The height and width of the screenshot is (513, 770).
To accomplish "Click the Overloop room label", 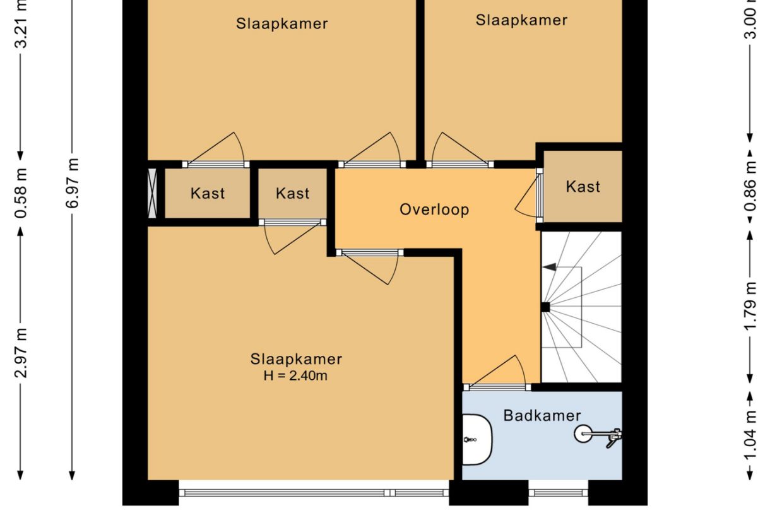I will click(x=434, y=209).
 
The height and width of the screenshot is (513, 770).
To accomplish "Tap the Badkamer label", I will click(x=542, y=415).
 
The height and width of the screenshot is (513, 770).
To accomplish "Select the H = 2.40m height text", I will click(x=296, y=376).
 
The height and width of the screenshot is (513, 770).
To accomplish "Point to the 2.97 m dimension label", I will click(x=21, y=352).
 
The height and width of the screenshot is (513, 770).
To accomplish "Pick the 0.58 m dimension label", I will click(x=21, y=193).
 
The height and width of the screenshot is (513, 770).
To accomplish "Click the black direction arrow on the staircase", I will click(x=550, y=267).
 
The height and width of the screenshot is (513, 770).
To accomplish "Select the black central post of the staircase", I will click(x=545, y=308).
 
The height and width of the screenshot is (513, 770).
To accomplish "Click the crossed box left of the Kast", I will click(x=152, y=193).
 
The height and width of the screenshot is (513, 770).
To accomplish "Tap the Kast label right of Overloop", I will click(x=583, y=187).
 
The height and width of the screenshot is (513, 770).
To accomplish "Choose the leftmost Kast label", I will click(x=208, y=193).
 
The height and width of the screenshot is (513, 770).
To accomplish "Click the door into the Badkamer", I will click(x=496, y=386).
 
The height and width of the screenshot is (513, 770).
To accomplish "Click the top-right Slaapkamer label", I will click(x=521, y=20).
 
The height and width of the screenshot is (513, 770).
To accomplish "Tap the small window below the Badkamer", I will click(x=558, y=492).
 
